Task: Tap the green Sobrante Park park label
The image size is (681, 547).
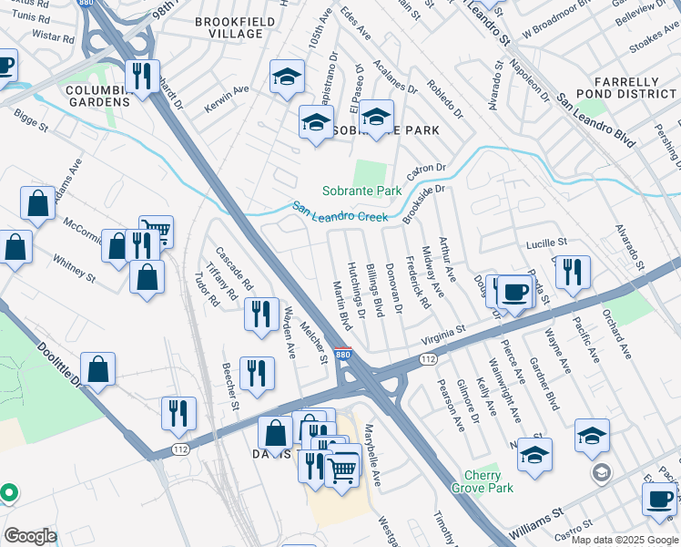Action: tap(361, 191)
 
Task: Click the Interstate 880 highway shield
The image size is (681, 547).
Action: tap(341, 354)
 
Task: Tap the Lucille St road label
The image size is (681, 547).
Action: tap(546, 243)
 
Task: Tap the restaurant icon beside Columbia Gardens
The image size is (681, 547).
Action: tap(140, 77)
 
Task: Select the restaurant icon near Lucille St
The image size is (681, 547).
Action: tap(573, 272)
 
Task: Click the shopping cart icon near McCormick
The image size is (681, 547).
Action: tap(156, 232)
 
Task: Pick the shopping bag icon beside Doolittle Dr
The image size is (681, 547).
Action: tap(98, 369)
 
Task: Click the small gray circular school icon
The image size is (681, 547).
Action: tap(601, 472)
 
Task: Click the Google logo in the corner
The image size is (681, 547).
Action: tap(29, 536)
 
